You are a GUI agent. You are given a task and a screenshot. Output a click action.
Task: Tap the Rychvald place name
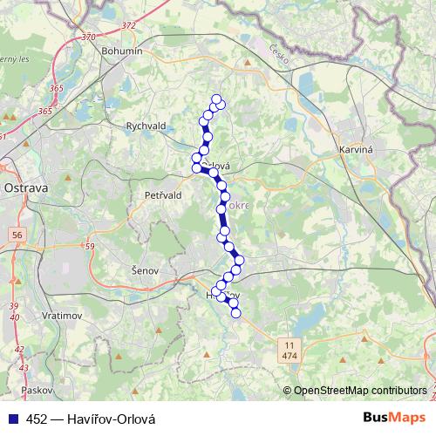[146, 126]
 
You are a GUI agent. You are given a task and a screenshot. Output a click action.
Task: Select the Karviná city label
[355, 150]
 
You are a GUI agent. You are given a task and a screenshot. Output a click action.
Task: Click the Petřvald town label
[163, 195]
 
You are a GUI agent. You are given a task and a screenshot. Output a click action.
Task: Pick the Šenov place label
[144, 270]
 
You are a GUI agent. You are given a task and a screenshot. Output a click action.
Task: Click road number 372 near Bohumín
[128, 25]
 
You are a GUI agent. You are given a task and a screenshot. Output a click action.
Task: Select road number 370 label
[86, 37]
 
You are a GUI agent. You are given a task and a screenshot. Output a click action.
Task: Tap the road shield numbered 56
[17, 235]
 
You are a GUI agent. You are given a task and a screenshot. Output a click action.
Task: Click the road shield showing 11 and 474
[288, 351]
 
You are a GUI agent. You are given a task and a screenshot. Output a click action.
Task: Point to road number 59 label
[89, 247]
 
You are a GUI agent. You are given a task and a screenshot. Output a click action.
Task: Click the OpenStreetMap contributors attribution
[359, 391]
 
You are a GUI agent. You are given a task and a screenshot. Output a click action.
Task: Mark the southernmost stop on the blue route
[235, 312]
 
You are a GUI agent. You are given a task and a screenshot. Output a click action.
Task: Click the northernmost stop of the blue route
[216, 99]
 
